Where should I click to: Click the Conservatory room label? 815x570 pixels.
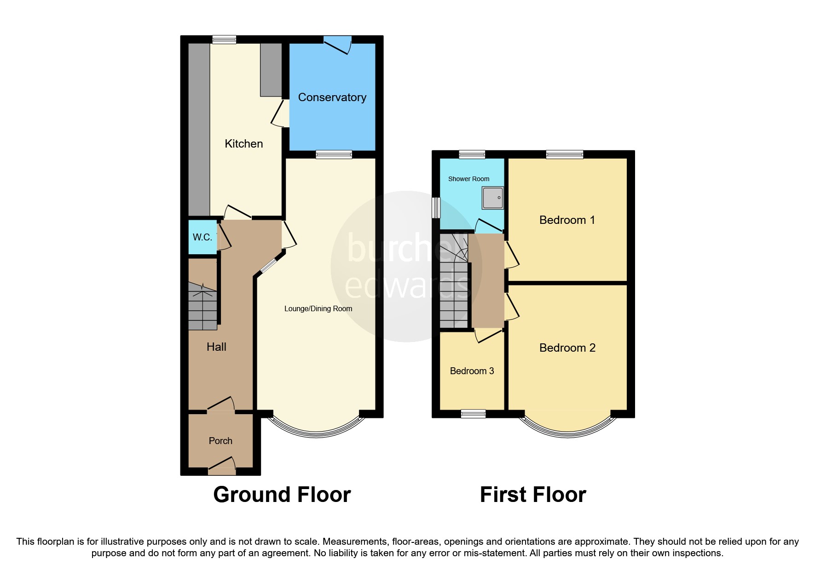pyautogui.click(x=332, y=97)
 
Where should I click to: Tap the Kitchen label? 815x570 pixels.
pyautogui.click(x=243, y=144)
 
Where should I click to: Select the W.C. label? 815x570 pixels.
pyautogui.click(x=202, y=238)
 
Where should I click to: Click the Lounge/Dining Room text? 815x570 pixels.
pyautogui.click(x=318, y=309)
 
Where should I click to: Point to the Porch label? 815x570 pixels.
pyautogui.click(x=220, y=441)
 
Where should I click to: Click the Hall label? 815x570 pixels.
pyautogui.click(x=216, y=347)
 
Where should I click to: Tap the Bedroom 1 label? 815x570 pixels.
pyautogui.click(x=567, y=220)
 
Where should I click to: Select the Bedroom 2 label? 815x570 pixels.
pyautogui.click(x=567, y=348)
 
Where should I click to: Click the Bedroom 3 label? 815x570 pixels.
pyautogui.click(x=472, y=371)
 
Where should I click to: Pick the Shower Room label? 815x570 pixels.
pyautogui.click(x=468, y=179)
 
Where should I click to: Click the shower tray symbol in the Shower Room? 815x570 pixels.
pyautogui.click(x=492, y=198)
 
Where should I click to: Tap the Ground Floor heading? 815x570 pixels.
pyautogui.click(x=282, y=495)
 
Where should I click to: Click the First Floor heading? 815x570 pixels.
pyautogui.click(x=532, y=495)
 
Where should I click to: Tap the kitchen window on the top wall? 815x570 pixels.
pyautogui.click(x=224, y=40)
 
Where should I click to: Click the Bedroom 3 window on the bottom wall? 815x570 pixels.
pyautogui.click(x=473, y=414)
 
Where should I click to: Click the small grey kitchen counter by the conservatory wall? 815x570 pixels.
pyautogui.click(x=271, y=69)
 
